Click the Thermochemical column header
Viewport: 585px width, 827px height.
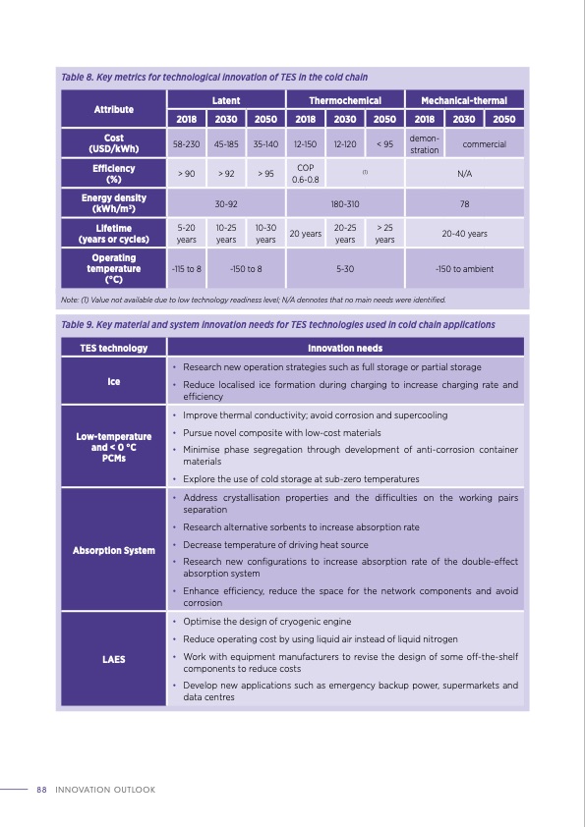pyautogui.click(x=345, y=100)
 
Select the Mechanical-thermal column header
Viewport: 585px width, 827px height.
pyautogui.click(x=464, y=100)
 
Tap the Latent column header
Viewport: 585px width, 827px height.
pyautogui.click(x=226, y=100)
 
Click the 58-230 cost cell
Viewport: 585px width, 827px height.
pyautogui.click(x=187, y=143)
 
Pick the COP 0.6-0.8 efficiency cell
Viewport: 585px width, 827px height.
pyautogui.click(x=306, y=174)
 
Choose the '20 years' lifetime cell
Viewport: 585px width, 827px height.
pyautogui.click(x=306, y=234)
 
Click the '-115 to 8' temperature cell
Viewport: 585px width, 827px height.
pyautogui.click(x=187, y=267)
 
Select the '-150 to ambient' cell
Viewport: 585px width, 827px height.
pyautogui.click(x=464, y=267)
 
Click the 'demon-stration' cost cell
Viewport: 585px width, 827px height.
pyautogui.click(x=424, y=143)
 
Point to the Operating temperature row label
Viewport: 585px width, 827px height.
pyautogui.click(x=114, y=267)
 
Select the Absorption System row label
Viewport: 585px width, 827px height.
pyautogui.click(x=114, y=549)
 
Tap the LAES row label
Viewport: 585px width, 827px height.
pyautogui.click(x=114, y=659)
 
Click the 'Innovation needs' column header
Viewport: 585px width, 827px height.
pyautogui.click(x=345, y=348)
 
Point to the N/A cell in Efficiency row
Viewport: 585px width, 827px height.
pyautogui.click(x=464, y=174)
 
